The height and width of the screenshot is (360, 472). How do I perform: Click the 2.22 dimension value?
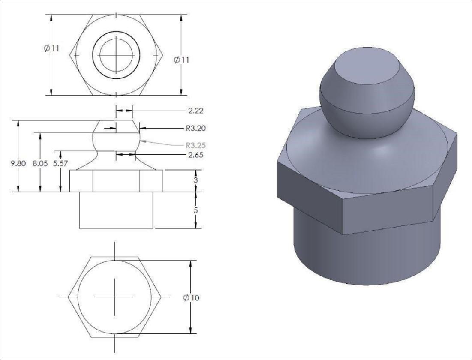[195, 111]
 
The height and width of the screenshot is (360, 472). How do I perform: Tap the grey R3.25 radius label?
[195, 145]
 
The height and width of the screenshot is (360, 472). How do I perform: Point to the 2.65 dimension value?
[195, 154]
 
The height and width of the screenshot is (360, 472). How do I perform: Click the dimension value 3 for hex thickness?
[195, 180]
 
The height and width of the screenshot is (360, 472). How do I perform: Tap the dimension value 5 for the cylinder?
[195, 210]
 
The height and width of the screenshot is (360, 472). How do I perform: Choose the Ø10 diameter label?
[192, 298]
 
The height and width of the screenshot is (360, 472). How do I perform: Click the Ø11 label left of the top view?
[51, 48]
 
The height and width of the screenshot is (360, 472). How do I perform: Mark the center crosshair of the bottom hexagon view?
[114, 297]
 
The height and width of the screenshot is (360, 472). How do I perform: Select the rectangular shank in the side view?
[116, 210]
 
